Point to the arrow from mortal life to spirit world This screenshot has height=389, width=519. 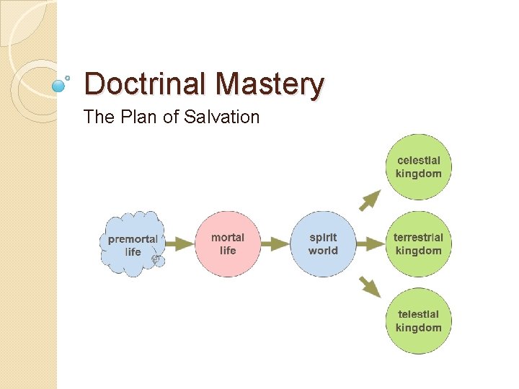tap(275, 243)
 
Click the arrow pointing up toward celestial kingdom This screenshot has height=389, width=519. tap(371, 200)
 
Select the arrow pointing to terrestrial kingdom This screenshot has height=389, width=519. tap(371, 243)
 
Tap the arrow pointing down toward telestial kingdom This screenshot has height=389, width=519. tap(371, 287)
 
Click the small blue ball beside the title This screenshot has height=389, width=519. tap(60, 85)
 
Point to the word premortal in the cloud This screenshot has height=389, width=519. tap(133, 239)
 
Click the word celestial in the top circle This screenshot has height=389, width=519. tap(419, 161)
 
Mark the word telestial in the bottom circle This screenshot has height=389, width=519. tap(418, 315)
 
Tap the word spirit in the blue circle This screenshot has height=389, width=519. tap(323, 237)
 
